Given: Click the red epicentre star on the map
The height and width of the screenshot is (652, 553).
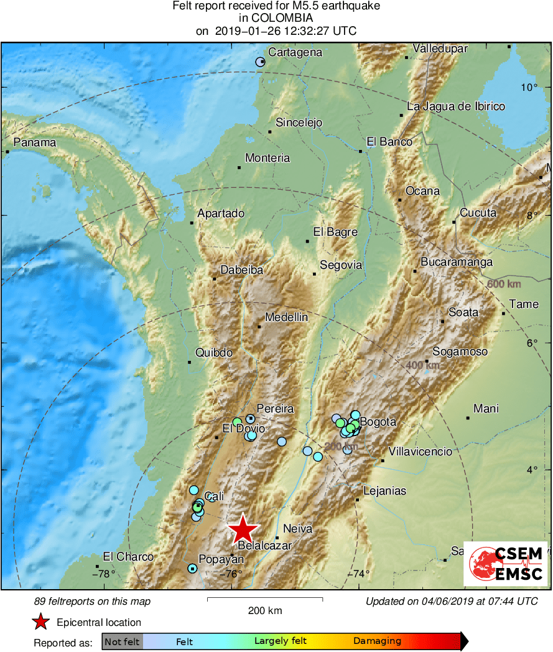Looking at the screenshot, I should (243, 529).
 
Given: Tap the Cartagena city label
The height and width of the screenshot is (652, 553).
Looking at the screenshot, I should (295, 52).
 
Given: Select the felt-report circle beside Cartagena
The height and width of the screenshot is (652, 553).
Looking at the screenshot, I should (261, 62).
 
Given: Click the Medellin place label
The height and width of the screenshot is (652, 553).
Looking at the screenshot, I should (286, 317).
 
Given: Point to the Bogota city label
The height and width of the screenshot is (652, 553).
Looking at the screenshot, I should (378, 422).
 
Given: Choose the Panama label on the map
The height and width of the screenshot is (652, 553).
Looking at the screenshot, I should (35, 142).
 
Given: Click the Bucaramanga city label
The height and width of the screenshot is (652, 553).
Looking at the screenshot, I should (457, 262).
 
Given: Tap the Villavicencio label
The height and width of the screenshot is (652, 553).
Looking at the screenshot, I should (420, 452).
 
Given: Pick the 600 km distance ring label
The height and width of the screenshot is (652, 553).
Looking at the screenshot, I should (504, 284).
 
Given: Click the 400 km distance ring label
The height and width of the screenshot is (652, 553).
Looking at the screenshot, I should (422, 365).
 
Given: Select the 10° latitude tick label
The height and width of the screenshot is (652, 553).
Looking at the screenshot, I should (529, 87).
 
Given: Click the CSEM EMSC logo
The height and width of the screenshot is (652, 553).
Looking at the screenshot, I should (505, 564).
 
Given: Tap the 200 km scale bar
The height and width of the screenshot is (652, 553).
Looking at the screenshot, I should (264, 599).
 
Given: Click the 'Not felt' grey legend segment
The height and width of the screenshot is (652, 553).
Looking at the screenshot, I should (122, 641).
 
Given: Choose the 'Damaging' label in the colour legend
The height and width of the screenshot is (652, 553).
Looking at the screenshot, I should (377, 641).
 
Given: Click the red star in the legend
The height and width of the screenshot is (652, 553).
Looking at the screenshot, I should (41, 622).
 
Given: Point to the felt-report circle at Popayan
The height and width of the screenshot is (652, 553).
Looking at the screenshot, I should (192, 568).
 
